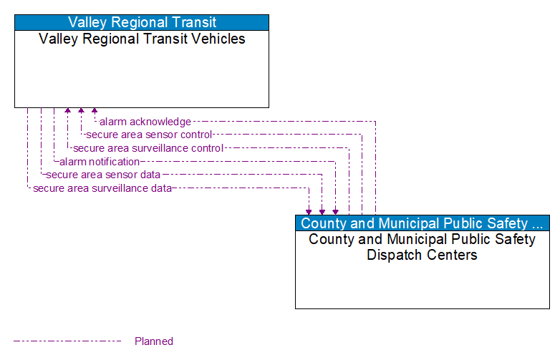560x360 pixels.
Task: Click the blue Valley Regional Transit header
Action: tap(142, 22)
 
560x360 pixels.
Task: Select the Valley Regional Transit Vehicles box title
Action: tap(142, 39)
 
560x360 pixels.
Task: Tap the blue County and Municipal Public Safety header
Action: tap(422, 223)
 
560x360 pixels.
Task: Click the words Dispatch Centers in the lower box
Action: tap(422, 255)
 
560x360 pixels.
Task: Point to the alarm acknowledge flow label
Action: tap(145, 122)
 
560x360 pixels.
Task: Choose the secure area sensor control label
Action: tap(149, 135)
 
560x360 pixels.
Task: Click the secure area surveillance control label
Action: tap(148, 148)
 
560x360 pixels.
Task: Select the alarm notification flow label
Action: tap(100, 162)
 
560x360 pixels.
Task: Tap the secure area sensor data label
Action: tap(103, 175)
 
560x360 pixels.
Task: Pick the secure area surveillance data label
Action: tap(102, 188)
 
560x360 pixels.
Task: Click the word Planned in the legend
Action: tap(154, 341)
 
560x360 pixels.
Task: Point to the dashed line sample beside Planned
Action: tap(67, 341)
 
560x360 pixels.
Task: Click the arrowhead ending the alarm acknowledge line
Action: tap(95, 112)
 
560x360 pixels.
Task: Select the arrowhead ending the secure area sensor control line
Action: tap(81, 112)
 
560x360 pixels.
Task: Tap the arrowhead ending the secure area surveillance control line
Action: tap(68, 112)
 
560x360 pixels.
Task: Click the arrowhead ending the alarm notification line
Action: tap(335, 211)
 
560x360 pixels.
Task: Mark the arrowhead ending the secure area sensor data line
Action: tap(322, 211)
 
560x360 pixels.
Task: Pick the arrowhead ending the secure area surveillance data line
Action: tap(309, 211)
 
